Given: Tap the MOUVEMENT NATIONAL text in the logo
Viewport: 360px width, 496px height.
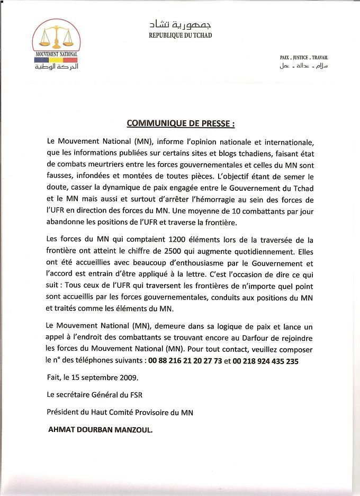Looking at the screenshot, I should click(x=56, y=55).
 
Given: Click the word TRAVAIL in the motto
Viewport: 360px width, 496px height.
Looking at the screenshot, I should click(x=320, y=57).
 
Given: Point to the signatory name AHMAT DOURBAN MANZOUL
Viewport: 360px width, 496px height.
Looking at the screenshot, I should click(x=100, y=431).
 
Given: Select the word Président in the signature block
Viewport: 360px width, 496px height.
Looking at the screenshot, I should click(x=63, y=413).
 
